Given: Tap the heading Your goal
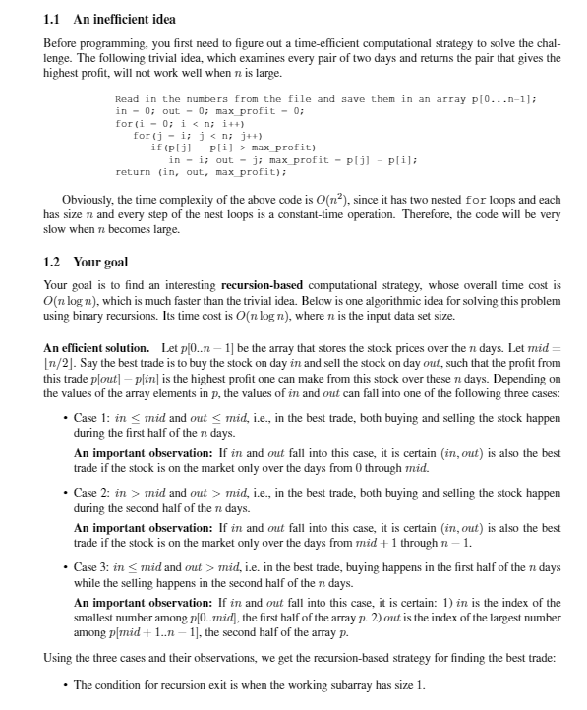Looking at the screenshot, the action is [x=101, y=263].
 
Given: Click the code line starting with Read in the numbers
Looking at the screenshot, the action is [x=323, y=99].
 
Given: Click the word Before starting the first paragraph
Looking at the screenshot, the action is [x=63, y=44].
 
